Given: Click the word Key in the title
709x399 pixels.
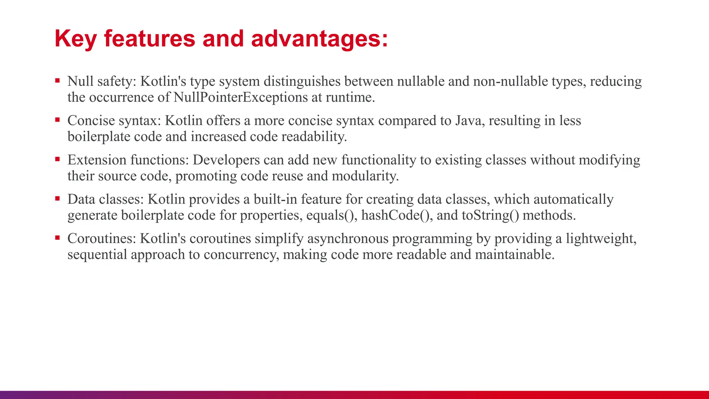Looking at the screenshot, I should (x=75, y=39).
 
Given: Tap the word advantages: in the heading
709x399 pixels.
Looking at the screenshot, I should (x=319, y=39).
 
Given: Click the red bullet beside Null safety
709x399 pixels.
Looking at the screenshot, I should (x=57, y=81).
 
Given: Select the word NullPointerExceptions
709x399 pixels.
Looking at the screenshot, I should (x=240, y=97).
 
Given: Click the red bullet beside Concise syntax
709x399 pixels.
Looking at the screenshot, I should (x=57, y=120).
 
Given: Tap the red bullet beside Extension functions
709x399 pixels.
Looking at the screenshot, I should (x=57, y=159).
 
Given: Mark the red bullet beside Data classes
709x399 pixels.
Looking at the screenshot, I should (x=57, y=199).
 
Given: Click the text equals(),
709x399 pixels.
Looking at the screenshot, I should (x=332, y=215).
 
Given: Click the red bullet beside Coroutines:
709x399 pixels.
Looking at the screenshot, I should (x=57, y=238).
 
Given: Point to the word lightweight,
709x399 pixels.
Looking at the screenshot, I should (x=601, y=239).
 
